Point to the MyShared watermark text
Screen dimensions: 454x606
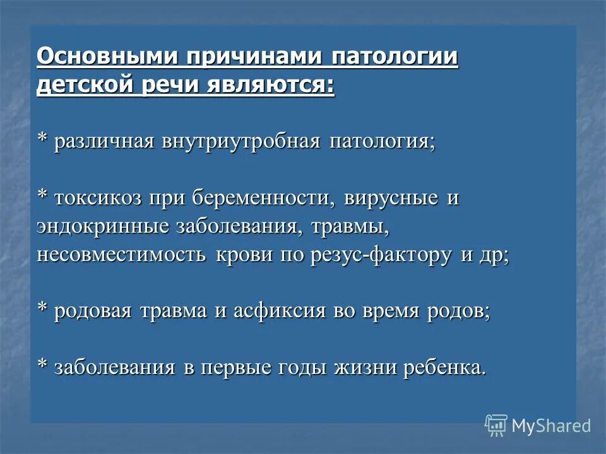pyautogui.click(x=551, y=426)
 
